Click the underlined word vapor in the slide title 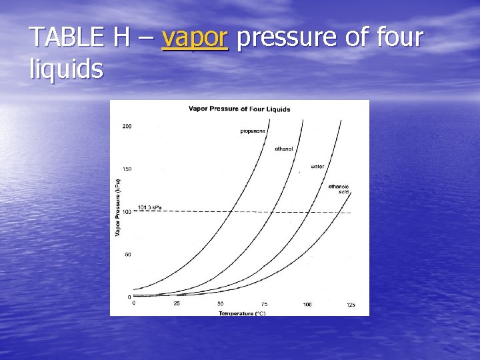pos(195,39)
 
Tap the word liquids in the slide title pos(67,68)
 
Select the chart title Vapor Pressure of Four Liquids pos(239,109)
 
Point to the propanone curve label pos(253,131)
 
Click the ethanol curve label pos(283,148)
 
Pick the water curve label pos(317,166)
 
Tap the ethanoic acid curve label pos(338,189)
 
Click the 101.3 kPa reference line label pos(149,207)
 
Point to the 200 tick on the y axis pos(127,126)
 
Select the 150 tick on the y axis pos(127,169)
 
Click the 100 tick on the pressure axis pos(127,212)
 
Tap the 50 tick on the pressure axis pos(128,254)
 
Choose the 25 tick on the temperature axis pos(177,304)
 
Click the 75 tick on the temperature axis pos(264,304)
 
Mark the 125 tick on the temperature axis pos(351,304)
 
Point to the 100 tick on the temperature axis pos(307,304)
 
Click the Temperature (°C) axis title pos(242,313)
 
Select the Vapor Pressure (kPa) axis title pos(118,207)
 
